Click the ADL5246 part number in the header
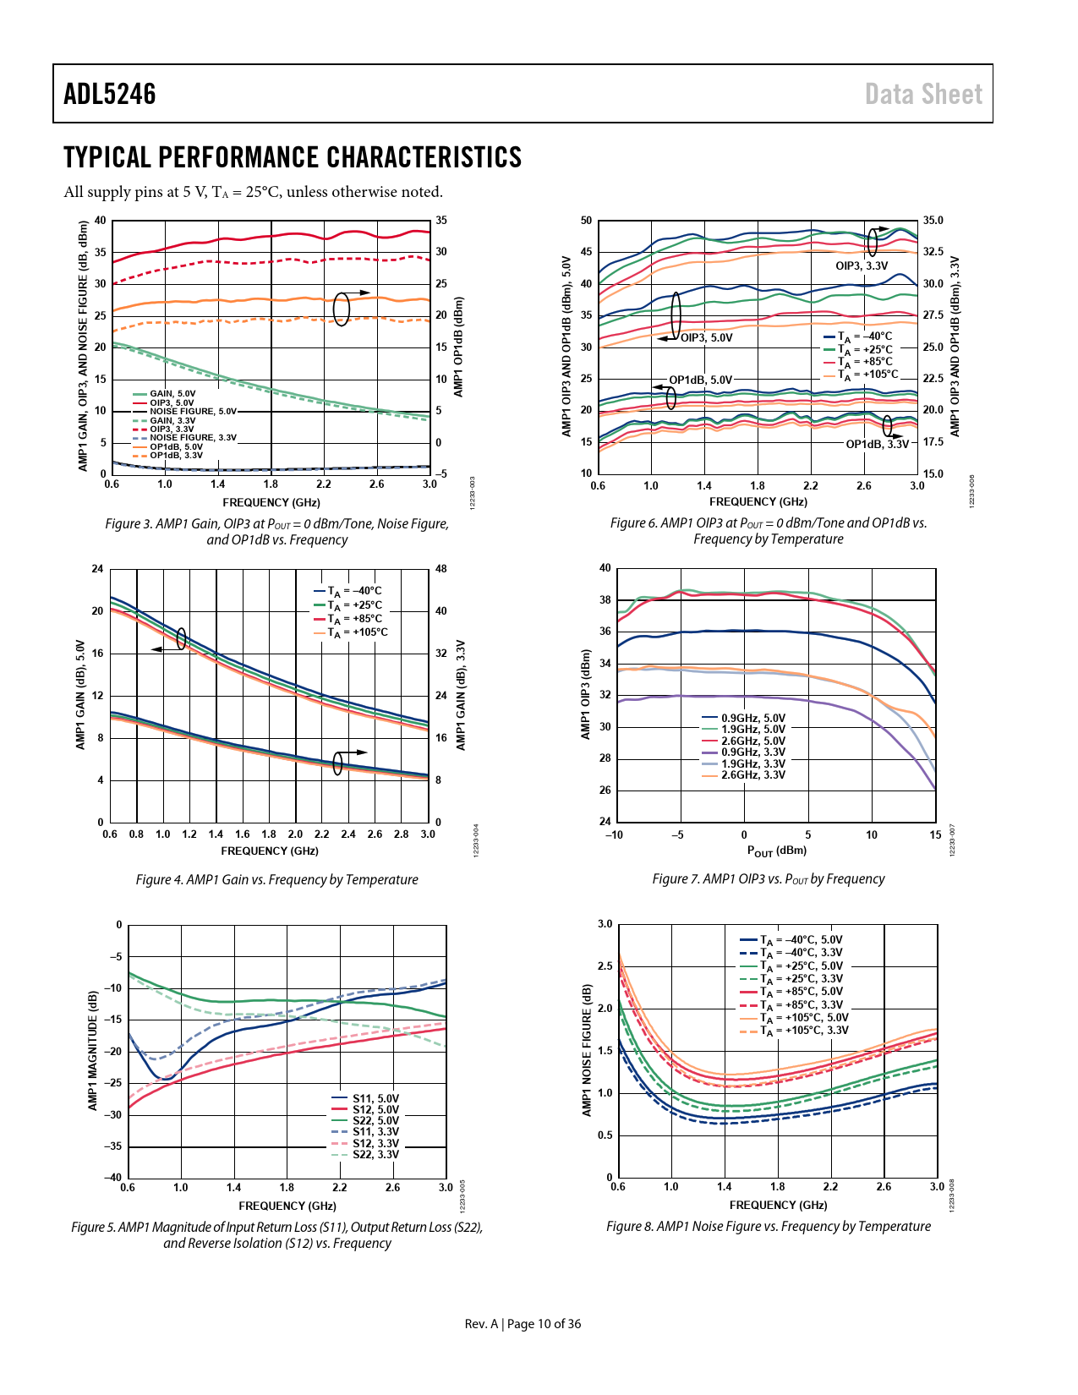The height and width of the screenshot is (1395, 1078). (x=110, y=94)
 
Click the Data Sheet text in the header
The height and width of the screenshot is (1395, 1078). (x=923, y=94)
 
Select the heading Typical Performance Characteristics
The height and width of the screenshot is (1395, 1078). (x=293, y=158)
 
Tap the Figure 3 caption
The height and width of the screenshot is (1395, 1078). (x=276, y=532)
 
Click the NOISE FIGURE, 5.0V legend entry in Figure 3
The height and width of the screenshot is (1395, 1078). (x=193, y=412)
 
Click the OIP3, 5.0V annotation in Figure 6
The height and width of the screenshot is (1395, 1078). (x=707, y=338)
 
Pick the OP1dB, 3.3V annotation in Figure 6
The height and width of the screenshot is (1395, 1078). (x=877, y=445)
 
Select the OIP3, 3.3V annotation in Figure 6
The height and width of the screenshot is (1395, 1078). (x=862, y=266)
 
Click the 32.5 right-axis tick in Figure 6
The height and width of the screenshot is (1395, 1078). (x=933, y=252)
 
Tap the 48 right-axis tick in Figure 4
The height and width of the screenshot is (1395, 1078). (x=441, y=569)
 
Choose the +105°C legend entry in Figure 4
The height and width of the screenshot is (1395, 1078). (x=358, y=633)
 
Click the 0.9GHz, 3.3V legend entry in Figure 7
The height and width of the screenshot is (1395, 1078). (x=752, y=752)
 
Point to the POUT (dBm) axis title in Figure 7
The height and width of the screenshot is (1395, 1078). (x=776, y=851)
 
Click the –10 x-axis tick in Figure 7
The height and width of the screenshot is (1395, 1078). (x=614, y=835)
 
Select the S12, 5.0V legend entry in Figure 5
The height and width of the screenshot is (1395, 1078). (x=375, y=1110)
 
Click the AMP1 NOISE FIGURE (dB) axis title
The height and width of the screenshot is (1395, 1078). (x=587, y=1050)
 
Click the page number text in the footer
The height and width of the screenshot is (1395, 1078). (x=523, y=1324)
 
